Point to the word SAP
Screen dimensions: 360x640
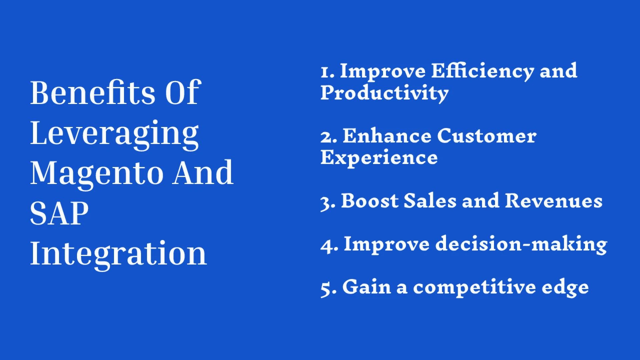point(59,213)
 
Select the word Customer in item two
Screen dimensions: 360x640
point(486,136)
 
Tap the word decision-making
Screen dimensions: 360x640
point(521,244)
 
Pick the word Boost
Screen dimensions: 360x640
point(369,201)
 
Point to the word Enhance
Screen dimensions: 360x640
point(387,136)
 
